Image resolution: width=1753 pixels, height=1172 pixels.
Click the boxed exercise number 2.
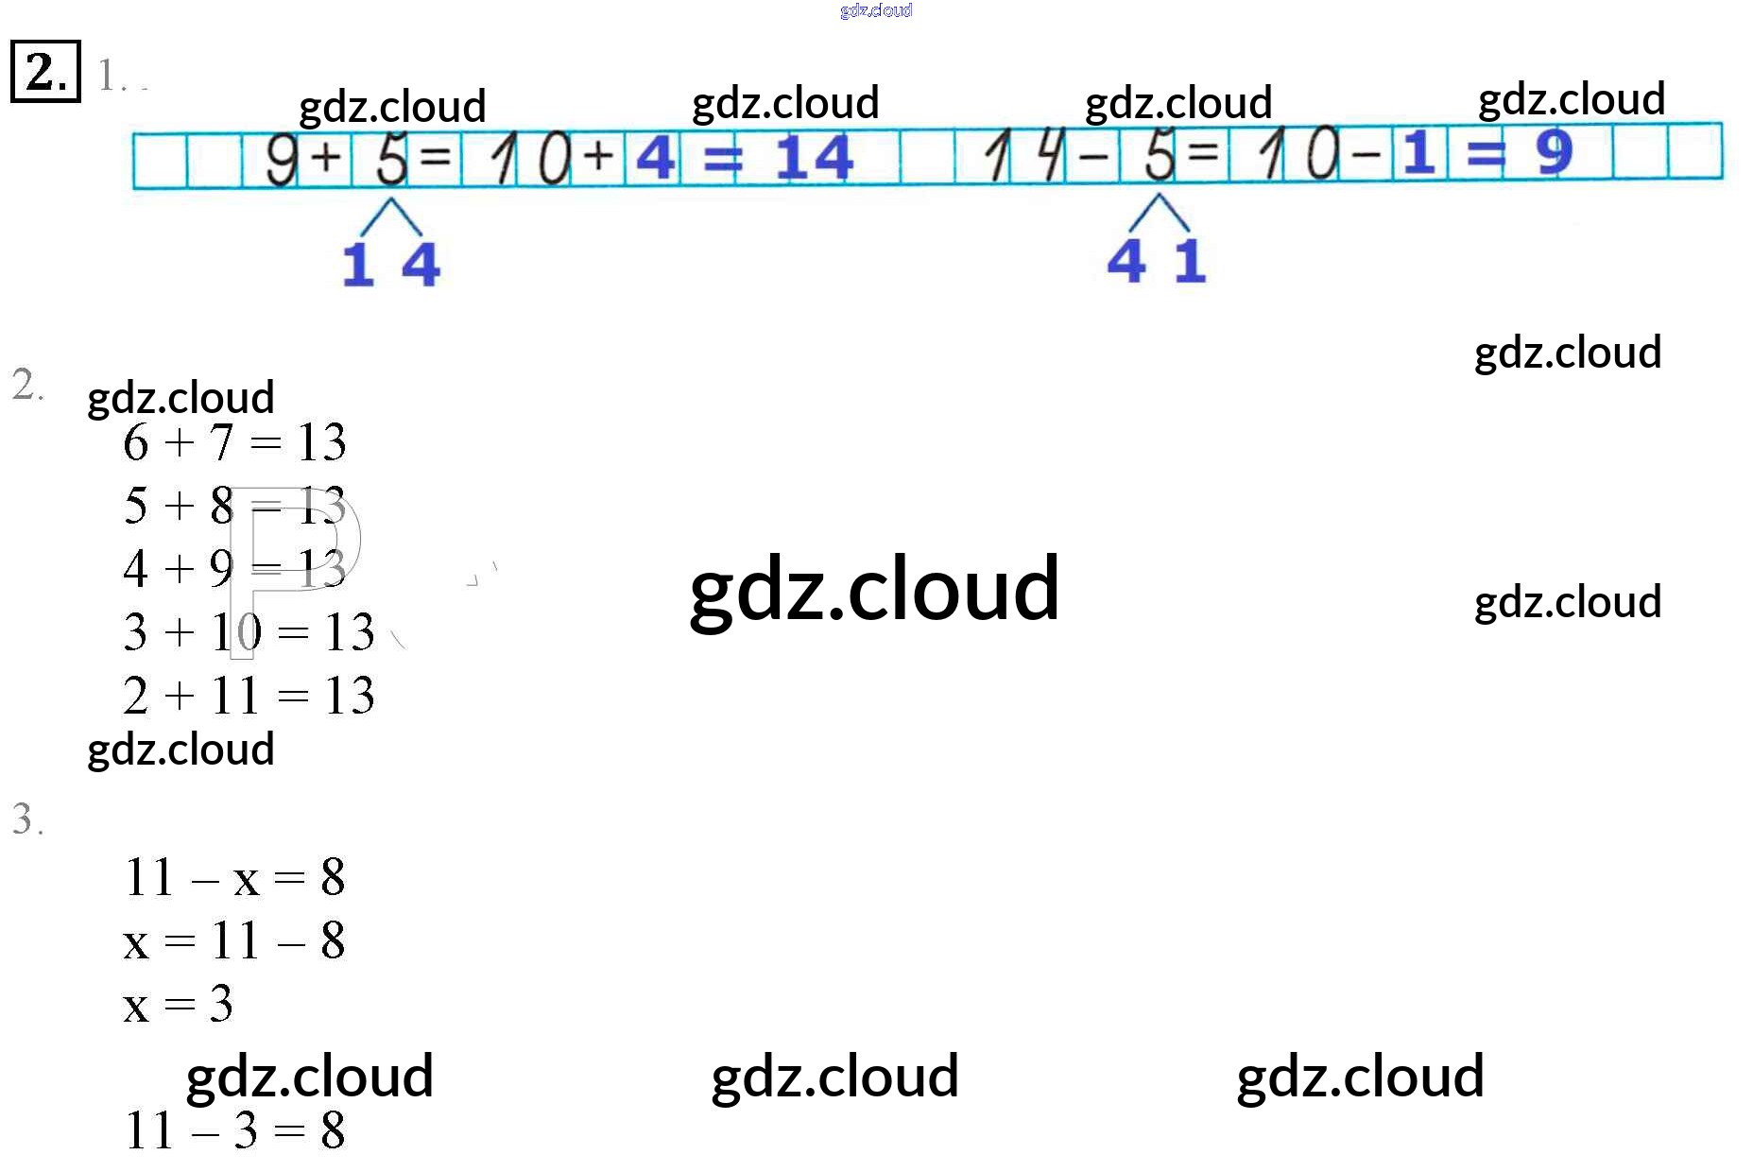tap(45, 72)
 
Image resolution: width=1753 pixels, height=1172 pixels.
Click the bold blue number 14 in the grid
tap(814, 157)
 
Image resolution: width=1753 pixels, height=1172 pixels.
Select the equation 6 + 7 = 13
tap(234, 442)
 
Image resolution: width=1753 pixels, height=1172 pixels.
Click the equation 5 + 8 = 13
tap(234, 506)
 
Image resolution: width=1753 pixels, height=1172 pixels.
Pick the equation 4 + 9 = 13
tap(234, 569)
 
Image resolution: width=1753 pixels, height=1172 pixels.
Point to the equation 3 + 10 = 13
tap(249, 632)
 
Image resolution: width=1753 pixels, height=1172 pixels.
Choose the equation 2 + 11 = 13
tap(249, 696)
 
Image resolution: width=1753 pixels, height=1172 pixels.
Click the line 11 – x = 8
tap(234, 877)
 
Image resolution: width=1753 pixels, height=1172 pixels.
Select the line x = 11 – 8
tap(234, 941)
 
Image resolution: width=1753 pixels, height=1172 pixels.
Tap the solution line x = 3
tap(178, 1004)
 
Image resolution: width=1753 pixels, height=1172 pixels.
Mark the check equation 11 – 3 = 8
tap(234, 1130)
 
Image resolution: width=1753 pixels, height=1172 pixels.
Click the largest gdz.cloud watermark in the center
tap(874, 589)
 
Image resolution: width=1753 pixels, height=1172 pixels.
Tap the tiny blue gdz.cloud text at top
tap(876, 10)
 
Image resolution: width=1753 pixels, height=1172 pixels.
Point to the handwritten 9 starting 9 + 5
tap(281, 158)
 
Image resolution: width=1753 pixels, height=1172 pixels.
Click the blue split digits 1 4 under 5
tap(390, 264)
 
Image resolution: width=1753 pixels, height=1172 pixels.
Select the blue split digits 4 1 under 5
tap(1157, 261)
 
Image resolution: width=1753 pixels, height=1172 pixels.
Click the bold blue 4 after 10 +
tap(655, 157)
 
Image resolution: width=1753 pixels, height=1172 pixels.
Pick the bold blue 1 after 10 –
tap(1418, 153)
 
